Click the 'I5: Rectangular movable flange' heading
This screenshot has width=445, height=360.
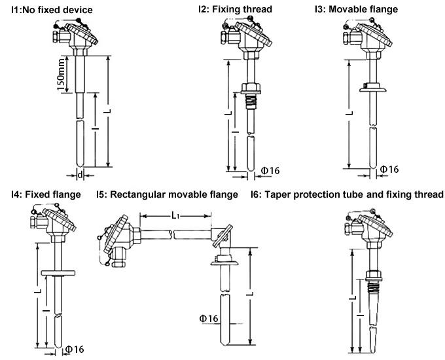coord(167,194)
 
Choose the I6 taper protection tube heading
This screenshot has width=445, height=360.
coord(347,194)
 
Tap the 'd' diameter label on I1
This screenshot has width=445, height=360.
coord(80,175)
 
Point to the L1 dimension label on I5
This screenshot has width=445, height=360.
coord(175,214)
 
